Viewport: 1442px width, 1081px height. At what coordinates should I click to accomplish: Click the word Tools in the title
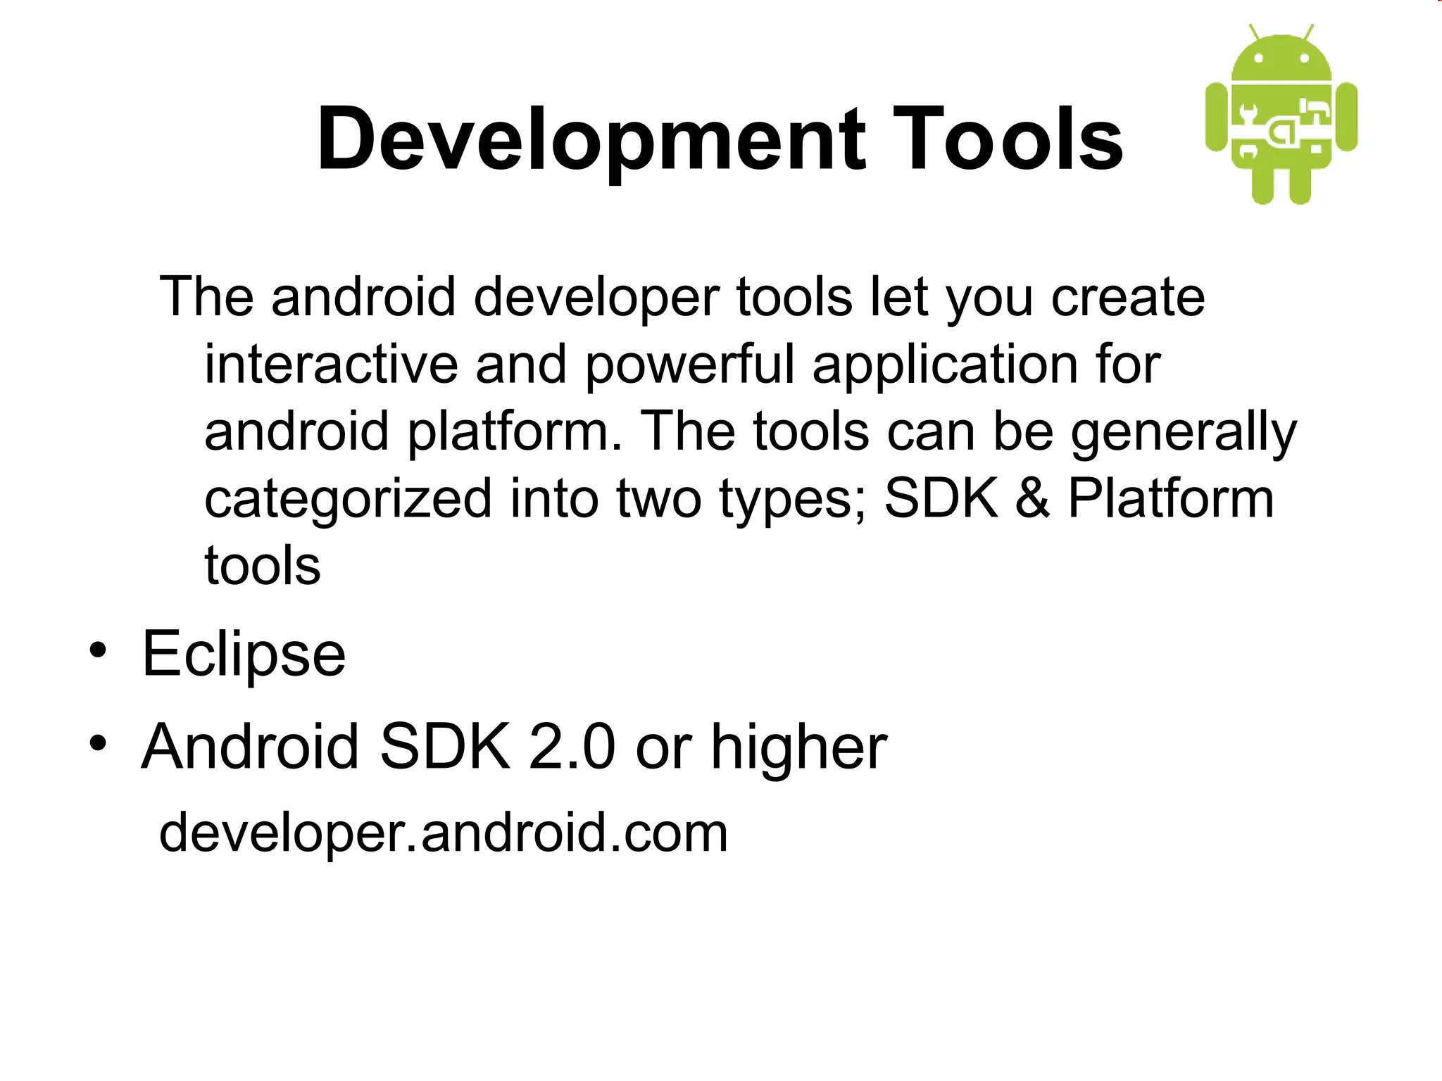pos(1010,139)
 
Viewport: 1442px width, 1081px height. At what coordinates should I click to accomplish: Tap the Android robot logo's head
pos(1281,59)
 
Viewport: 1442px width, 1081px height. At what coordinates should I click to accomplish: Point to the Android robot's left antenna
pos(1255,32)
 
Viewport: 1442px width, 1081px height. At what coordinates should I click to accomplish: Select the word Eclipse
pos(244,655)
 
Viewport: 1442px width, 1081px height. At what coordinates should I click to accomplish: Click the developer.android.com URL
pos(444,833)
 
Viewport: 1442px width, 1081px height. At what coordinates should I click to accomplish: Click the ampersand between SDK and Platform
pos(1032,498)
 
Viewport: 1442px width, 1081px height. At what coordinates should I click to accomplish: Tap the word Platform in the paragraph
pos(1171,498)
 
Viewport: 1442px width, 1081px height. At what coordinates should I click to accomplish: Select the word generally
pos(1183,432)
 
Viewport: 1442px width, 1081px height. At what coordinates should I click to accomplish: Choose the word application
pos(943,366)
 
